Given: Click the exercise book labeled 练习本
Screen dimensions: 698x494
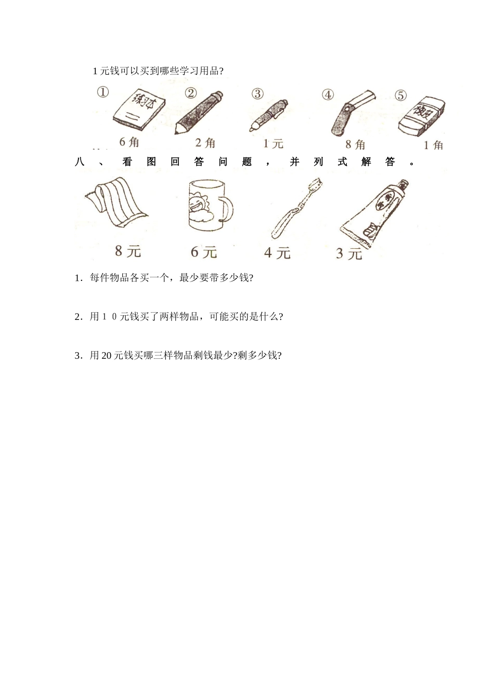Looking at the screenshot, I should (139, 110).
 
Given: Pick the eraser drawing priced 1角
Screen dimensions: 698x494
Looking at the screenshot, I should (422, 117).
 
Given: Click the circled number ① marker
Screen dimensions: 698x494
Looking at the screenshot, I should (102, 92).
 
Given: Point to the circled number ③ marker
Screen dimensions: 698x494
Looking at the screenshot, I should (257, 94).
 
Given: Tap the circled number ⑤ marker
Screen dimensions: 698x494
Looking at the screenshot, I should (400, 96).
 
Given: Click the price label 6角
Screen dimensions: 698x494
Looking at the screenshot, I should (129, 142).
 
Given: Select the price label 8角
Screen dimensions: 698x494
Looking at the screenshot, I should (356, 145).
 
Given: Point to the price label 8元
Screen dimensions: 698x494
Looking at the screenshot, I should (128, 251).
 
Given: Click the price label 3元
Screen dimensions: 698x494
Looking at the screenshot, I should (348, 254).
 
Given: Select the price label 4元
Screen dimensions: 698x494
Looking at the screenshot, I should (277, 253).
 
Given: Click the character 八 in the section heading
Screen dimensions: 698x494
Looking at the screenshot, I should (80, 162).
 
